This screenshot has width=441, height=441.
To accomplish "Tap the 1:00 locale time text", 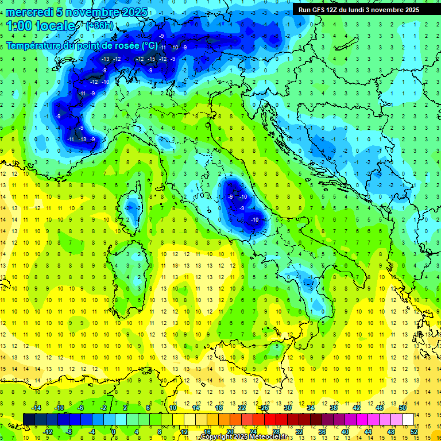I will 40,26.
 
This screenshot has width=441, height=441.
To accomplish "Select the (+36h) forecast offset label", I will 99,26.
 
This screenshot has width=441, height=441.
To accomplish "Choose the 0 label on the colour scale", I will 113,431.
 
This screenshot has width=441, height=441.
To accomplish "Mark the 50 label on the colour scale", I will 403,408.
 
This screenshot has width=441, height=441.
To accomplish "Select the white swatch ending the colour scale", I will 408,419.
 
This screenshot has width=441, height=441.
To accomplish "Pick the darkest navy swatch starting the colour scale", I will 29,419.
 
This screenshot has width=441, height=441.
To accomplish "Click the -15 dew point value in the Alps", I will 152,59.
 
